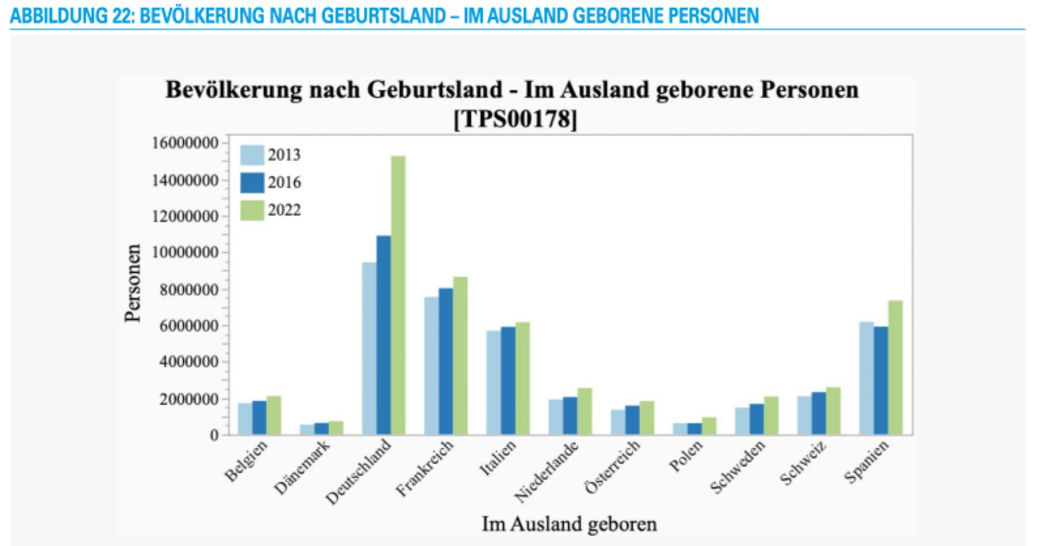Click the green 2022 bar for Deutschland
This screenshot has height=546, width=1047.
click(398, 295)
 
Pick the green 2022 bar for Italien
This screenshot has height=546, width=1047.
click(522, 378)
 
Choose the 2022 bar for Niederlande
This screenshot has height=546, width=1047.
click(584, 411)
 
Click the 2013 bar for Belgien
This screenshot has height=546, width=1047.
click(245, 419)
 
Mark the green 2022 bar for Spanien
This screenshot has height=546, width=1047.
click(895, 367)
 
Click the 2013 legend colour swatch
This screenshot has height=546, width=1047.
click(252, 155)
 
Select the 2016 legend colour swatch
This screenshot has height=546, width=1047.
click(252, 183)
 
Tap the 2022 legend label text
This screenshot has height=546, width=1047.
click(284, 210)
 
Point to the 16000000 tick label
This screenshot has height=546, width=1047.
click(185, 143)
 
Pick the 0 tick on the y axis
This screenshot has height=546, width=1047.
click(214, 435)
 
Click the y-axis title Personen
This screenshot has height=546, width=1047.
click(133, 283)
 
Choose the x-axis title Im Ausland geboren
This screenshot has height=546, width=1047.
click(569, 524)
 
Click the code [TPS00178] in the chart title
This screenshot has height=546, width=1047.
click(515, 119)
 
